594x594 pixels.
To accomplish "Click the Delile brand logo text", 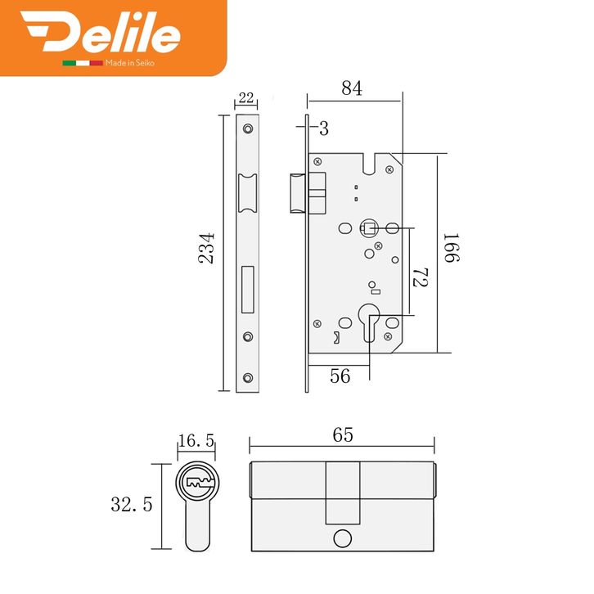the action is coord(101,31).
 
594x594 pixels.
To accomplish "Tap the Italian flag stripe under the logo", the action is coord(83,63).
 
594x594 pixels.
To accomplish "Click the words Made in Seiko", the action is coord(130,63).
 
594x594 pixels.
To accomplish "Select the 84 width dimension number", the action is coord(352,88).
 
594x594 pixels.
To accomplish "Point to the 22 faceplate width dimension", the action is coord(246,97).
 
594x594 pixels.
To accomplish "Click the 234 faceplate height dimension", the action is coord(206,248).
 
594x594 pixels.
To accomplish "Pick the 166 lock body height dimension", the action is coord(452,248).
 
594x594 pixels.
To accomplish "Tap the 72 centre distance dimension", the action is coord(421,277).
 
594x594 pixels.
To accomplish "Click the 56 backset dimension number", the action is coord(340,376).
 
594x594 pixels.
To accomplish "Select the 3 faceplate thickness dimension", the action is coord(324,128).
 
